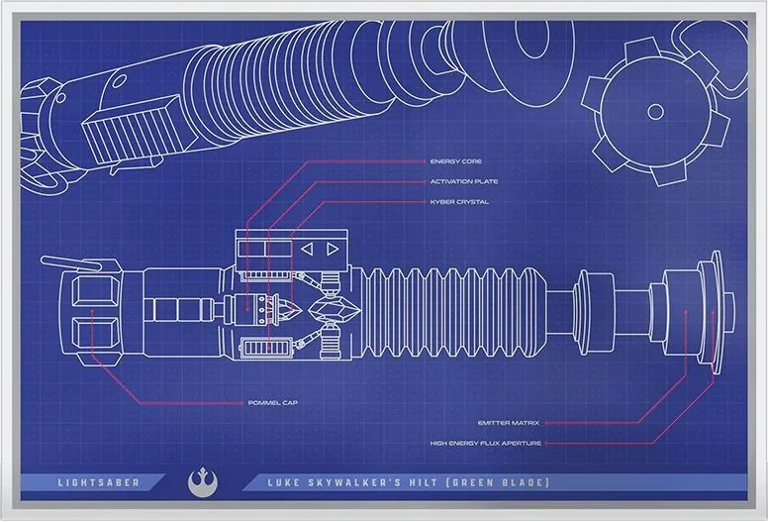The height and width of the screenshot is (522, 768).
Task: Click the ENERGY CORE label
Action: click(x=456, y=160)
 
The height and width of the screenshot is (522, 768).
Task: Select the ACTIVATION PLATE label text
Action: click(x=463, y=181)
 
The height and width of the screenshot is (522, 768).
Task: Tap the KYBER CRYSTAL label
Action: click(x=459, y=202)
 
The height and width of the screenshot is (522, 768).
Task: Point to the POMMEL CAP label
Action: click(x=273, y=403)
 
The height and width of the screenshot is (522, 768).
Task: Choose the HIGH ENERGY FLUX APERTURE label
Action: click(x=486, y=443)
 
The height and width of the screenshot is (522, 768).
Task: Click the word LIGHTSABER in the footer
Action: click(x=98, y=483)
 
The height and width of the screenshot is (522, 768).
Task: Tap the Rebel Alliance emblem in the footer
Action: click(x=199, y=482)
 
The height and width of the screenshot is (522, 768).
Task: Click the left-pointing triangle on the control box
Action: click(x=308, y=249)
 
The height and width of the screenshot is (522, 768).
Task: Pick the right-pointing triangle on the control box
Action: click(x=334, y=249)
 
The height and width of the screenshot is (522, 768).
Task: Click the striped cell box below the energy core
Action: click(x=269, y=350)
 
